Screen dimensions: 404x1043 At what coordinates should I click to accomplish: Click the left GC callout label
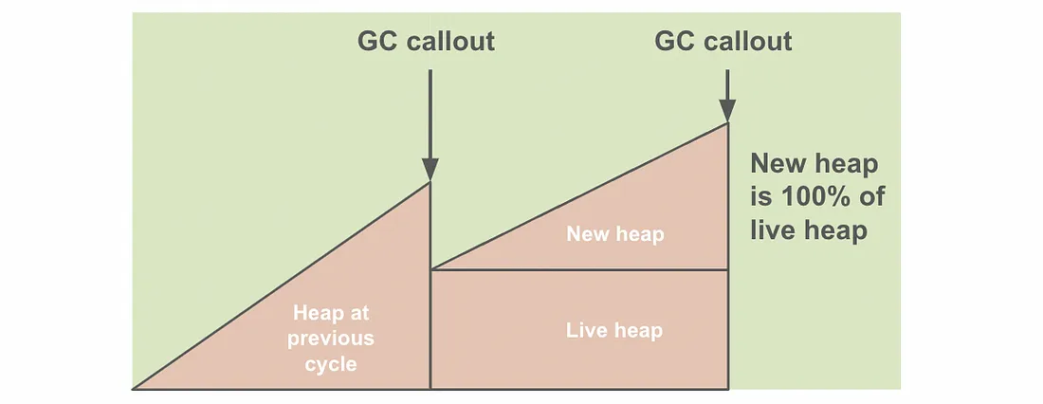pyautogui.click(x=426, y=42)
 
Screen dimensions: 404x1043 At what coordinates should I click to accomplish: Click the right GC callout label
pyautogui.click(x=723, y=42)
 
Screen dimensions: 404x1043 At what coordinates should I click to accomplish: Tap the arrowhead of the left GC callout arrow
pyautogui.click(x=430, y=169)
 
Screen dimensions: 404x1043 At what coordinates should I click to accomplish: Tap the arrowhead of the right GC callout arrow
pyautogui.click(x=727, y=110)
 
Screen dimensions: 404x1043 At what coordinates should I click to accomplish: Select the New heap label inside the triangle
pyautogui.click(x=615, y=233)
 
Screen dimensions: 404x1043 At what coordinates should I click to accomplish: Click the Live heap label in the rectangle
pyautogui.click(x=614, y=330)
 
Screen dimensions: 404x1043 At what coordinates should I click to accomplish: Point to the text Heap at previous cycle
pyautogui.click(x=333, y=338)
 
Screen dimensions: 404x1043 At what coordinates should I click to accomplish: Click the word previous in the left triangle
pyautogui.click(x=333, y=338)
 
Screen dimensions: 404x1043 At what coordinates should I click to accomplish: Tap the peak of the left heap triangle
pyautogui.click(x=430, y=183)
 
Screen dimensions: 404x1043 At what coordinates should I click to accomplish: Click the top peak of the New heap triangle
pyautogui.click(x=727, y=123)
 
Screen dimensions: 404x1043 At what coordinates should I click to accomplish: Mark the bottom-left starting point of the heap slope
pyautogui.click(x=134, y=388)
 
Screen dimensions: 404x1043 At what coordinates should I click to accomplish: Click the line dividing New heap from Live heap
pyautogui.click(x=578, y=270)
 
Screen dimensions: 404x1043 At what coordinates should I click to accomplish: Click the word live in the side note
pyautogui.click(x=767, y=230)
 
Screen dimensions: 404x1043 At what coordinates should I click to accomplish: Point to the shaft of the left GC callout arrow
pyautogui.click(x=430, y=114)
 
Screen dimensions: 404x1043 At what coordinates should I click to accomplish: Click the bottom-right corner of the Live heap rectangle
pyautogui.click(x=727, y=388)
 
